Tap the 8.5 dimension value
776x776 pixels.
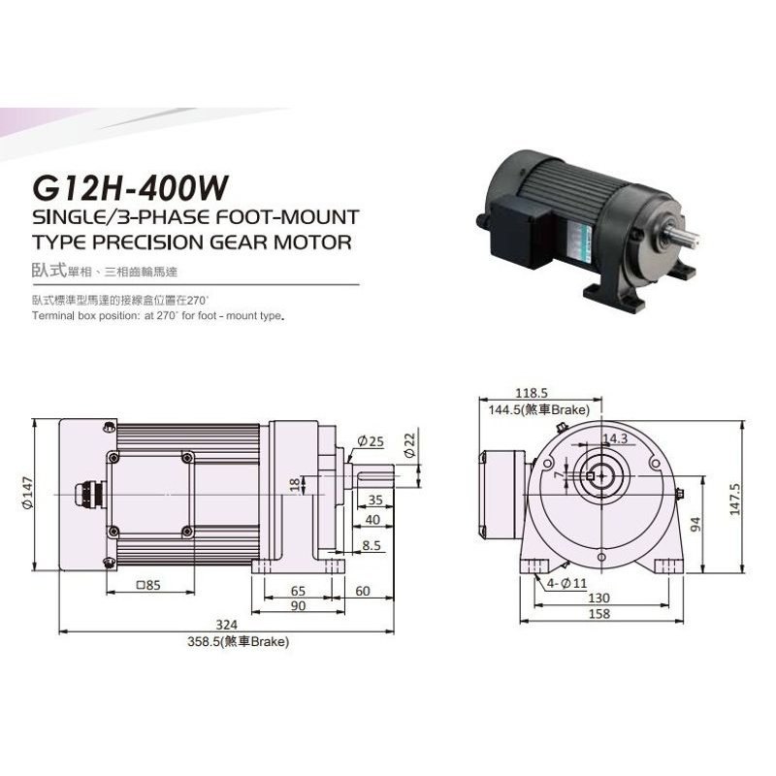(371, 546)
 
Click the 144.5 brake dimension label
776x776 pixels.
(539, 409)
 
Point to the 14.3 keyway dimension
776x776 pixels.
(615, 439)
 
